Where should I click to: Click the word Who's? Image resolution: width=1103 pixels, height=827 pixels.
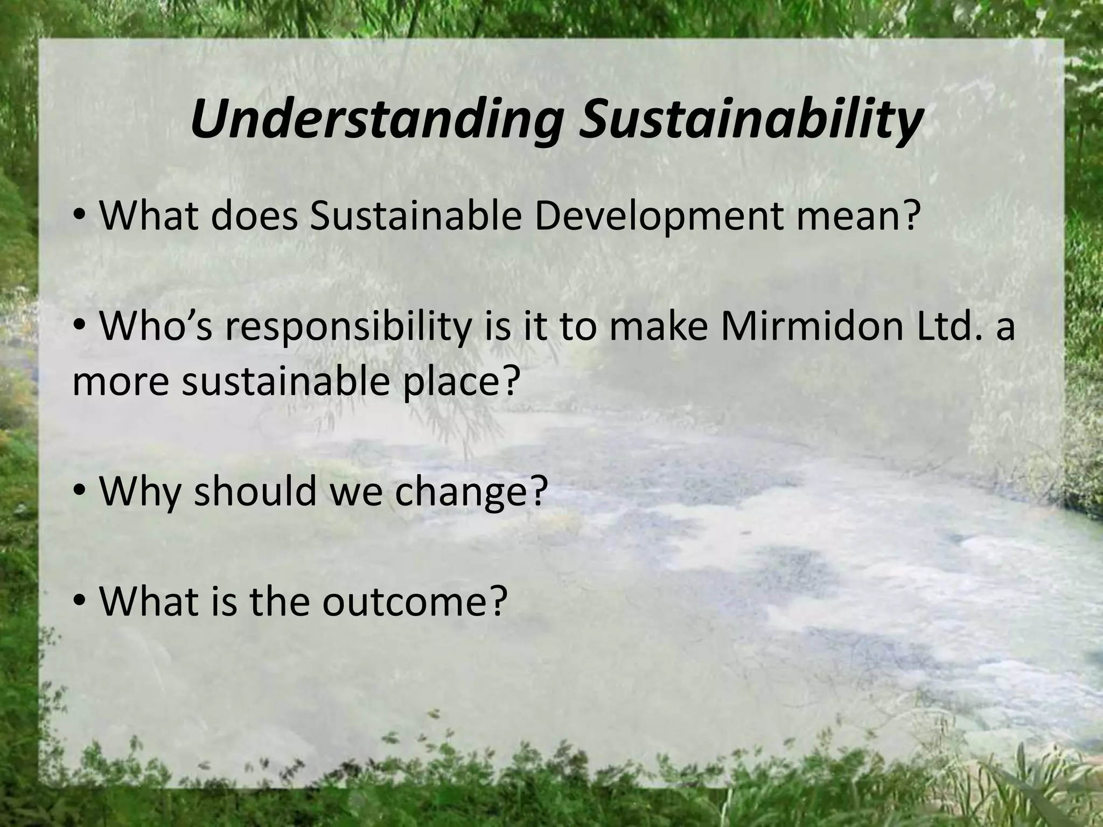click(156, 327)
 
